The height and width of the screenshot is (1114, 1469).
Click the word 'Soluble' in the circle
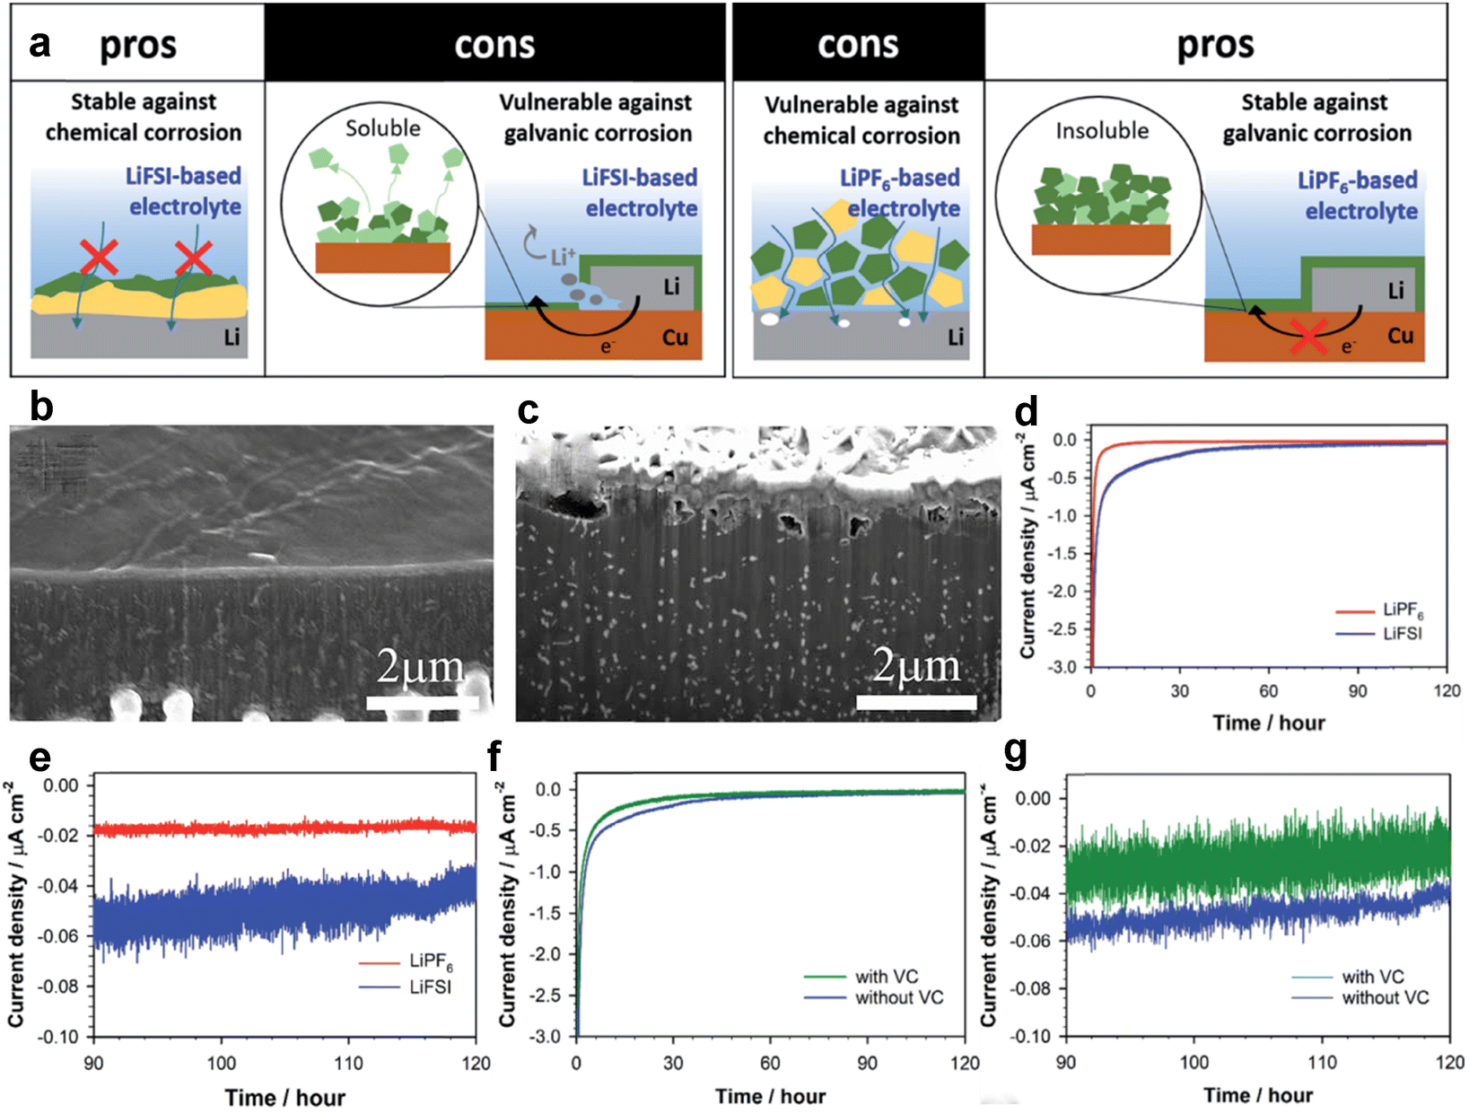[x=383, y=128]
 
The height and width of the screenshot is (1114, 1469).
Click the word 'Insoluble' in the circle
[x=1102, y=131]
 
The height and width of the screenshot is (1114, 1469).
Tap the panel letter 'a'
[x=39, y=43]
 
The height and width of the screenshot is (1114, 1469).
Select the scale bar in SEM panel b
[x=422, y=703]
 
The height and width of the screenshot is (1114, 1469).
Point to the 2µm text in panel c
[x=916, y=667]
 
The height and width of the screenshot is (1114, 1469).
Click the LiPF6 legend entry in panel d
[x=1403, y=611]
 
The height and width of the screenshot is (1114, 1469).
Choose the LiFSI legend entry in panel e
[x=430, y=987]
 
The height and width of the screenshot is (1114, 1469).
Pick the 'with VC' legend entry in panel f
[x=886, y=977]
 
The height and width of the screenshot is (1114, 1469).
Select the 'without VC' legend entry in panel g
[x=1385, y=997]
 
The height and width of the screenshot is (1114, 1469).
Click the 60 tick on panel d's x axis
[x=1268, y=691]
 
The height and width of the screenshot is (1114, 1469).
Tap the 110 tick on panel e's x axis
[x=348, y=1064]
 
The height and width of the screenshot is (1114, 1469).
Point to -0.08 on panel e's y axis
[x=58, y=987]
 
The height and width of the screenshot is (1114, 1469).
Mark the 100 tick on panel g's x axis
[x=1194, y=1063]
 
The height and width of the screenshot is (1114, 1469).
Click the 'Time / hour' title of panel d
[x=1268, y=723]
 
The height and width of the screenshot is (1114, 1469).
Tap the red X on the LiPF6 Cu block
[x=1308, y=338]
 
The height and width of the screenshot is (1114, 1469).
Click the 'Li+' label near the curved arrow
[x=563, y=258]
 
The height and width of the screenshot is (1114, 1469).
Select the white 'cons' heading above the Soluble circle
[x=494, y=45]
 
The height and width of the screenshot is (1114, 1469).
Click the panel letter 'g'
[x=1016, y=752]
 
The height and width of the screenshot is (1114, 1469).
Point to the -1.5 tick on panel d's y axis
[x=1062, y=554]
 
